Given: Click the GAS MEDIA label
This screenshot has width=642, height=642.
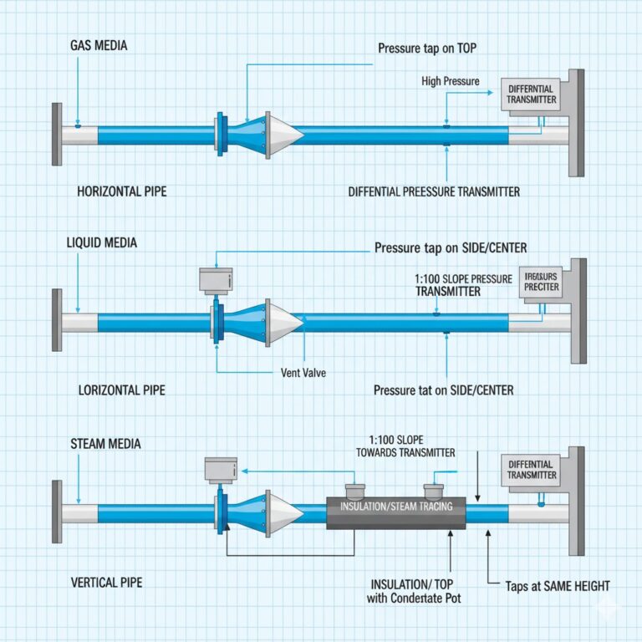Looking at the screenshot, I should point(99,45).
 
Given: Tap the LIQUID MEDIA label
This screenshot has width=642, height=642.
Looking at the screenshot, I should point(101,242).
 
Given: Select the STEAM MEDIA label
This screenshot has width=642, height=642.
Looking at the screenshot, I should point(105,443).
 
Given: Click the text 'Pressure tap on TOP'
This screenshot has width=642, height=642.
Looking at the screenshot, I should point(427,48).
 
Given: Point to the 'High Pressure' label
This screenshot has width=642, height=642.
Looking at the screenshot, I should point(451,81).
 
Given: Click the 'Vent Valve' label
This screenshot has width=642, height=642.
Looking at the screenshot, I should point(303,373).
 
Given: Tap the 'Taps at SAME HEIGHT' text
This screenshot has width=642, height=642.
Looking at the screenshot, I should point(558,586).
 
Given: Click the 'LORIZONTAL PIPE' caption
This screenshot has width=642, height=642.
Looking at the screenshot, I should point(121,390).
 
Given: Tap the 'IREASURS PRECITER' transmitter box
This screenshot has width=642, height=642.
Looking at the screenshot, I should point(541,281).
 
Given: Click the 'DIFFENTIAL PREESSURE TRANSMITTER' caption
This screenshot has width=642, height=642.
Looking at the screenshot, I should point(434,191).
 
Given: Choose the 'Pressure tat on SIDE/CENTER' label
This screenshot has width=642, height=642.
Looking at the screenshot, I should point(443,390).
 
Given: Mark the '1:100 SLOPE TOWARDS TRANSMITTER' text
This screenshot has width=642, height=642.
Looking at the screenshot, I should point(411,446).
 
